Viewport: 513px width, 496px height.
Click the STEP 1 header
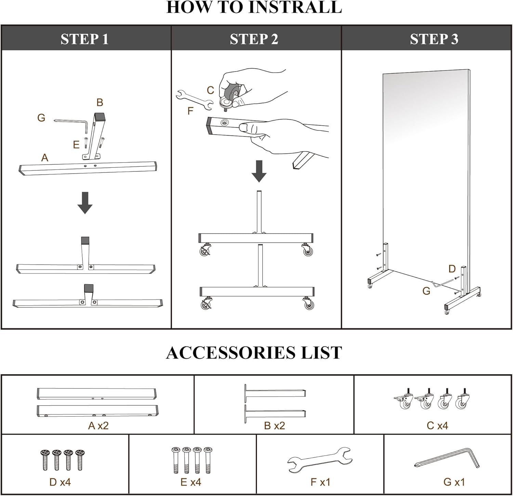click(84, 39)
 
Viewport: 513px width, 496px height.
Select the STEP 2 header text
click(254, 39)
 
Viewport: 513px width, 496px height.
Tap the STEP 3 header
click(434, 39)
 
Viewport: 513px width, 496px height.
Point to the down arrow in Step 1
click(85, 203)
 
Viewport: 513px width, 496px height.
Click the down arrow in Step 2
click(259, 171)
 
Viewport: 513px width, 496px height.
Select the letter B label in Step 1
click(100, 102)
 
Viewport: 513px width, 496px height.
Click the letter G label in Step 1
click(41, 118)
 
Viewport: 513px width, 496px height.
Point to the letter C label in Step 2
click(210, 90)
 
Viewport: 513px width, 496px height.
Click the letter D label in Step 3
click(452, 269)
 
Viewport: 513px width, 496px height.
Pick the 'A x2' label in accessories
click(98, 425)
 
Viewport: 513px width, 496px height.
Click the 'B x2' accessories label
click(274, 425)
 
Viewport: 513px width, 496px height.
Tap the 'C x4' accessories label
click(437, 425)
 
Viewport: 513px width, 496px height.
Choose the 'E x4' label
click(191, 482)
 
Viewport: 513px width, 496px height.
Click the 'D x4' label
click(60, 482)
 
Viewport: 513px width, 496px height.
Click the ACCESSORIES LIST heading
click(254, 353)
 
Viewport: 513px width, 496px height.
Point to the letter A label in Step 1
click(44, 158)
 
